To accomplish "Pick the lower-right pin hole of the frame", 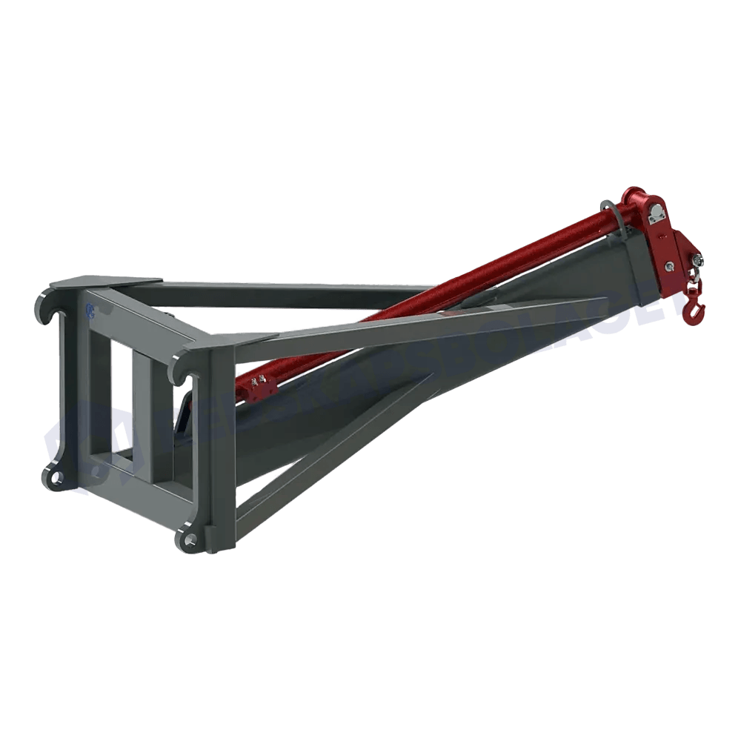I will pos(190,540).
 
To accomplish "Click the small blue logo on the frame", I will pos(90,310).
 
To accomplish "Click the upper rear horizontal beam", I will pos(296,293).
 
